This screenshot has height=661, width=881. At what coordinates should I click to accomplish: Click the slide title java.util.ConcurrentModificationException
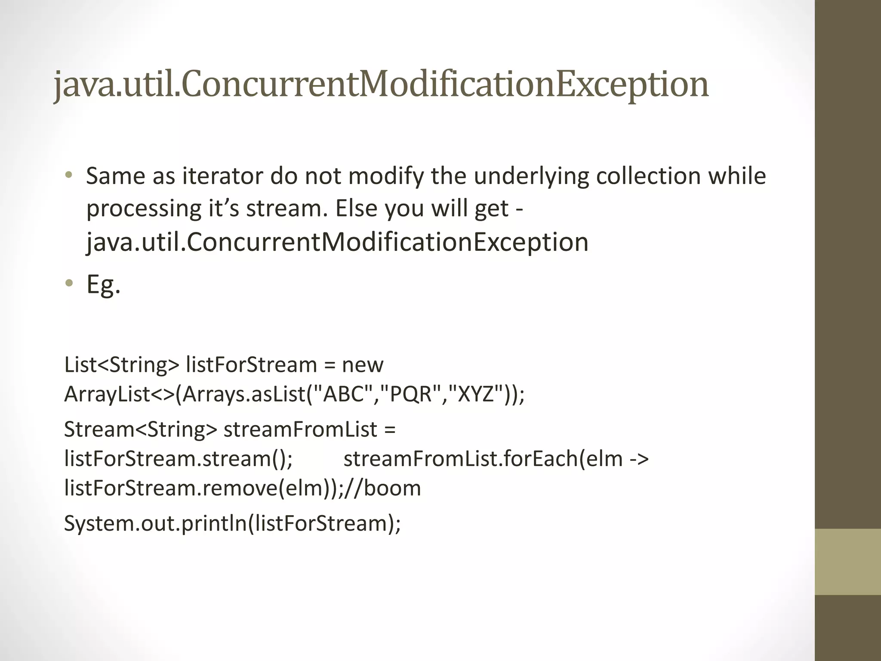click(x=381, y=84)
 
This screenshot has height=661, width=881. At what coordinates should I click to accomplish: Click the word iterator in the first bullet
click(x=223, y=176)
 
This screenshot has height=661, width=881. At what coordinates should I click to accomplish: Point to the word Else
click(x=356, y=208)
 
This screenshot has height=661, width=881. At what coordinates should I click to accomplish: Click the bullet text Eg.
click(x=103, y=284)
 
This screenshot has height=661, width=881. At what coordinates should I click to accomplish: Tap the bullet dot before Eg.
click(x=69, y=283)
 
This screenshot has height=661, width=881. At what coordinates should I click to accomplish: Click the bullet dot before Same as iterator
click(x=69, y=175)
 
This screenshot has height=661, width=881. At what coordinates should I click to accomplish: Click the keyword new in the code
click(x=362, y=365)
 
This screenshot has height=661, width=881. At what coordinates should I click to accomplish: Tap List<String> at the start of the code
click(x=121, y=365)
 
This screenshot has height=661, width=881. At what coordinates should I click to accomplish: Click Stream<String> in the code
click(x=141, y=429)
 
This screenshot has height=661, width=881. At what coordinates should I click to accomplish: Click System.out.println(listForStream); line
click(x=232, y=523)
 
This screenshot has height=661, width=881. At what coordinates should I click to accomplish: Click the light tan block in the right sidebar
click(x=847, y=562)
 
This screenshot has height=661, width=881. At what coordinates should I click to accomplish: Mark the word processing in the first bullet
click(x=144, y=208)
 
